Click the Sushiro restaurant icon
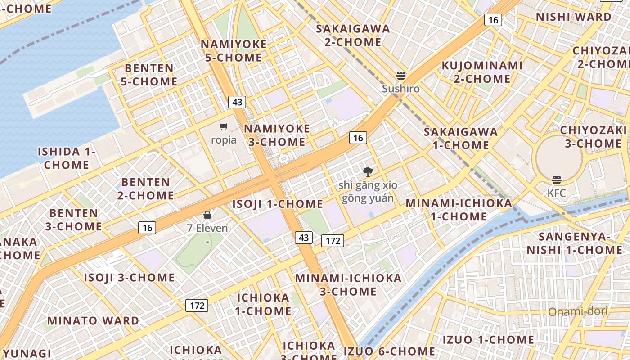(x=400, y=76)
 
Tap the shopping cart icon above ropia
(x=224, y=127)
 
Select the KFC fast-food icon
(x=557, y=180)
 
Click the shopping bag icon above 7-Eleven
(x=207, y=215)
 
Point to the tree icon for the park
(x=368, y=171)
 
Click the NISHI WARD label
(x=574, y=17)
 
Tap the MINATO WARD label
(x=93, y=321)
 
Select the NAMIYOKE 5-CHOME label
(x=234, y=51)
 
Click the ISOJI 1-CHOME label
(x=278, y=204)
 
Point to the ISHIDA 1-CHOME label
(x=67, y=158)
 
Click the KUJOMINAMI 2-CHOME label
(x=482, y=72)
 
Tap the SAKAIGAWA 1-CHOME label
(x=461, y=138)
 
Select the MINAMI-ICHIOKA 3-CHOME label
(x=348, y=284)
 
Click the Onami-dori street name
(x=578, y=311)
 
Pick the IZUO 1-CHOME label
(x=488, y=339)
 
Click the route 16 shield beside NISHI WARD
(x=493, y=20)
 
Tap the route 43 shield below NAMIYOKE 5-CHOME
(x=237, y=102)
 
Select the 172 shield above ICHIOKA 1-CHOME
(x=197, y=306)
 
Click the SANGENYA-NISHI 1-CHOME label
(x=575, y=243)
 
